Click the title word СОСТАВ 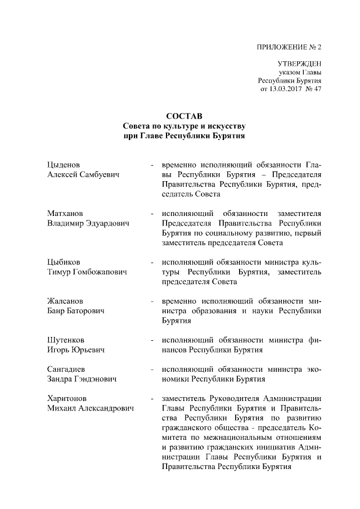184,116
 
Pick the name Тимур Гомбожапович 86,273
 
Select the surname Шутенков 66,340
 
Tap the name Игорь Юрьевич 75,350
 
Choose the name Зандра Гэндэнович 82,380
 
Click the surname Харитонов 66,399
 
